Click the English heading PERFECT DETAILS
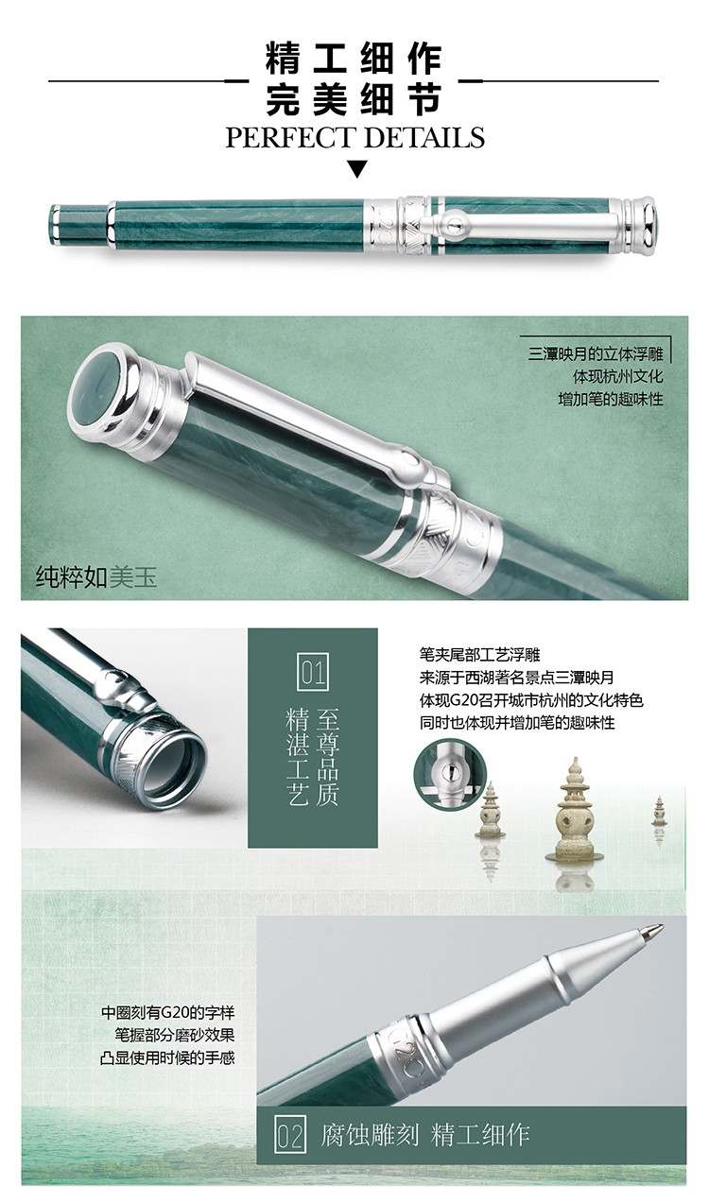(355, 137)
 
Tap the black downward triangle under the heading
(357, 168)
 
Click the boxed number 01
(313, 672)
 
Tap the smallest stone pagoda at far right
(659, 811)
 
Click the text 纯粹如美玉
(96, 577)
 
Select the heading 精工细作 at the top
(354, 60)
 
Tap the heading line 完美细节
(354, 100)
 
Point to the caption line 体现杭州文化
(617, 376)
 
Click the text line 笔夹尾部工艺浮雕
(479, 655)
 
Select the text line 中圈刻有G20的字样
(168, 1013)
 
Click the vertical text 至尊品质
(328, 757)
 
